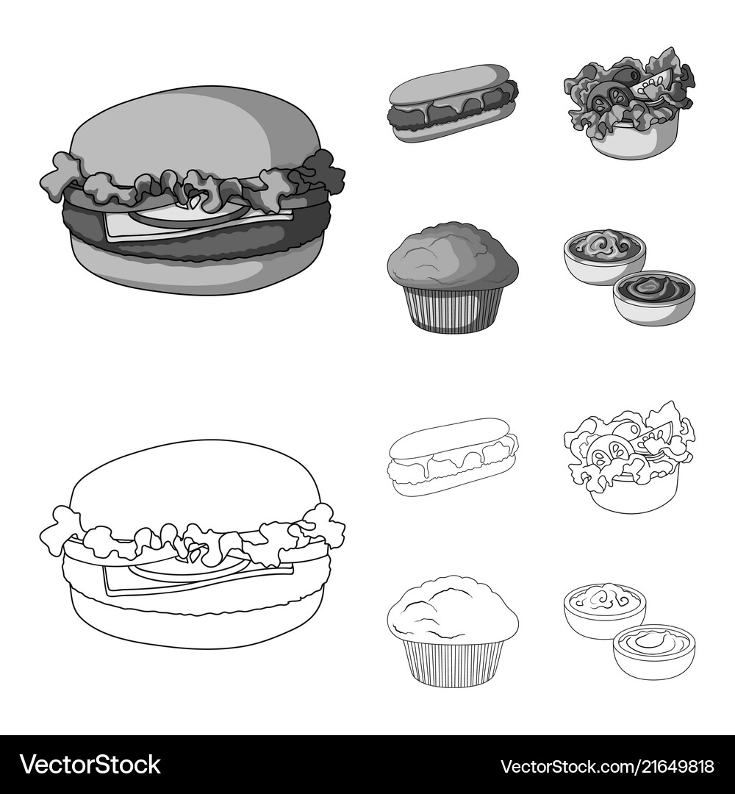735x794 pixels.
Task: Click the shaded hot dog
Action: coord(453,104)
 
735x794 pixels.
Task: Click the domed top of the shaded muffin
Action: coord(452,254)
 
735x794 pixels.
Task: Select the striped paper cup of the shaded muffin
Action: coord(453,309)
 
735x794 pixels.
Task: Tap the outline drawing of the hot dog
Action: coord(453,456)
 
